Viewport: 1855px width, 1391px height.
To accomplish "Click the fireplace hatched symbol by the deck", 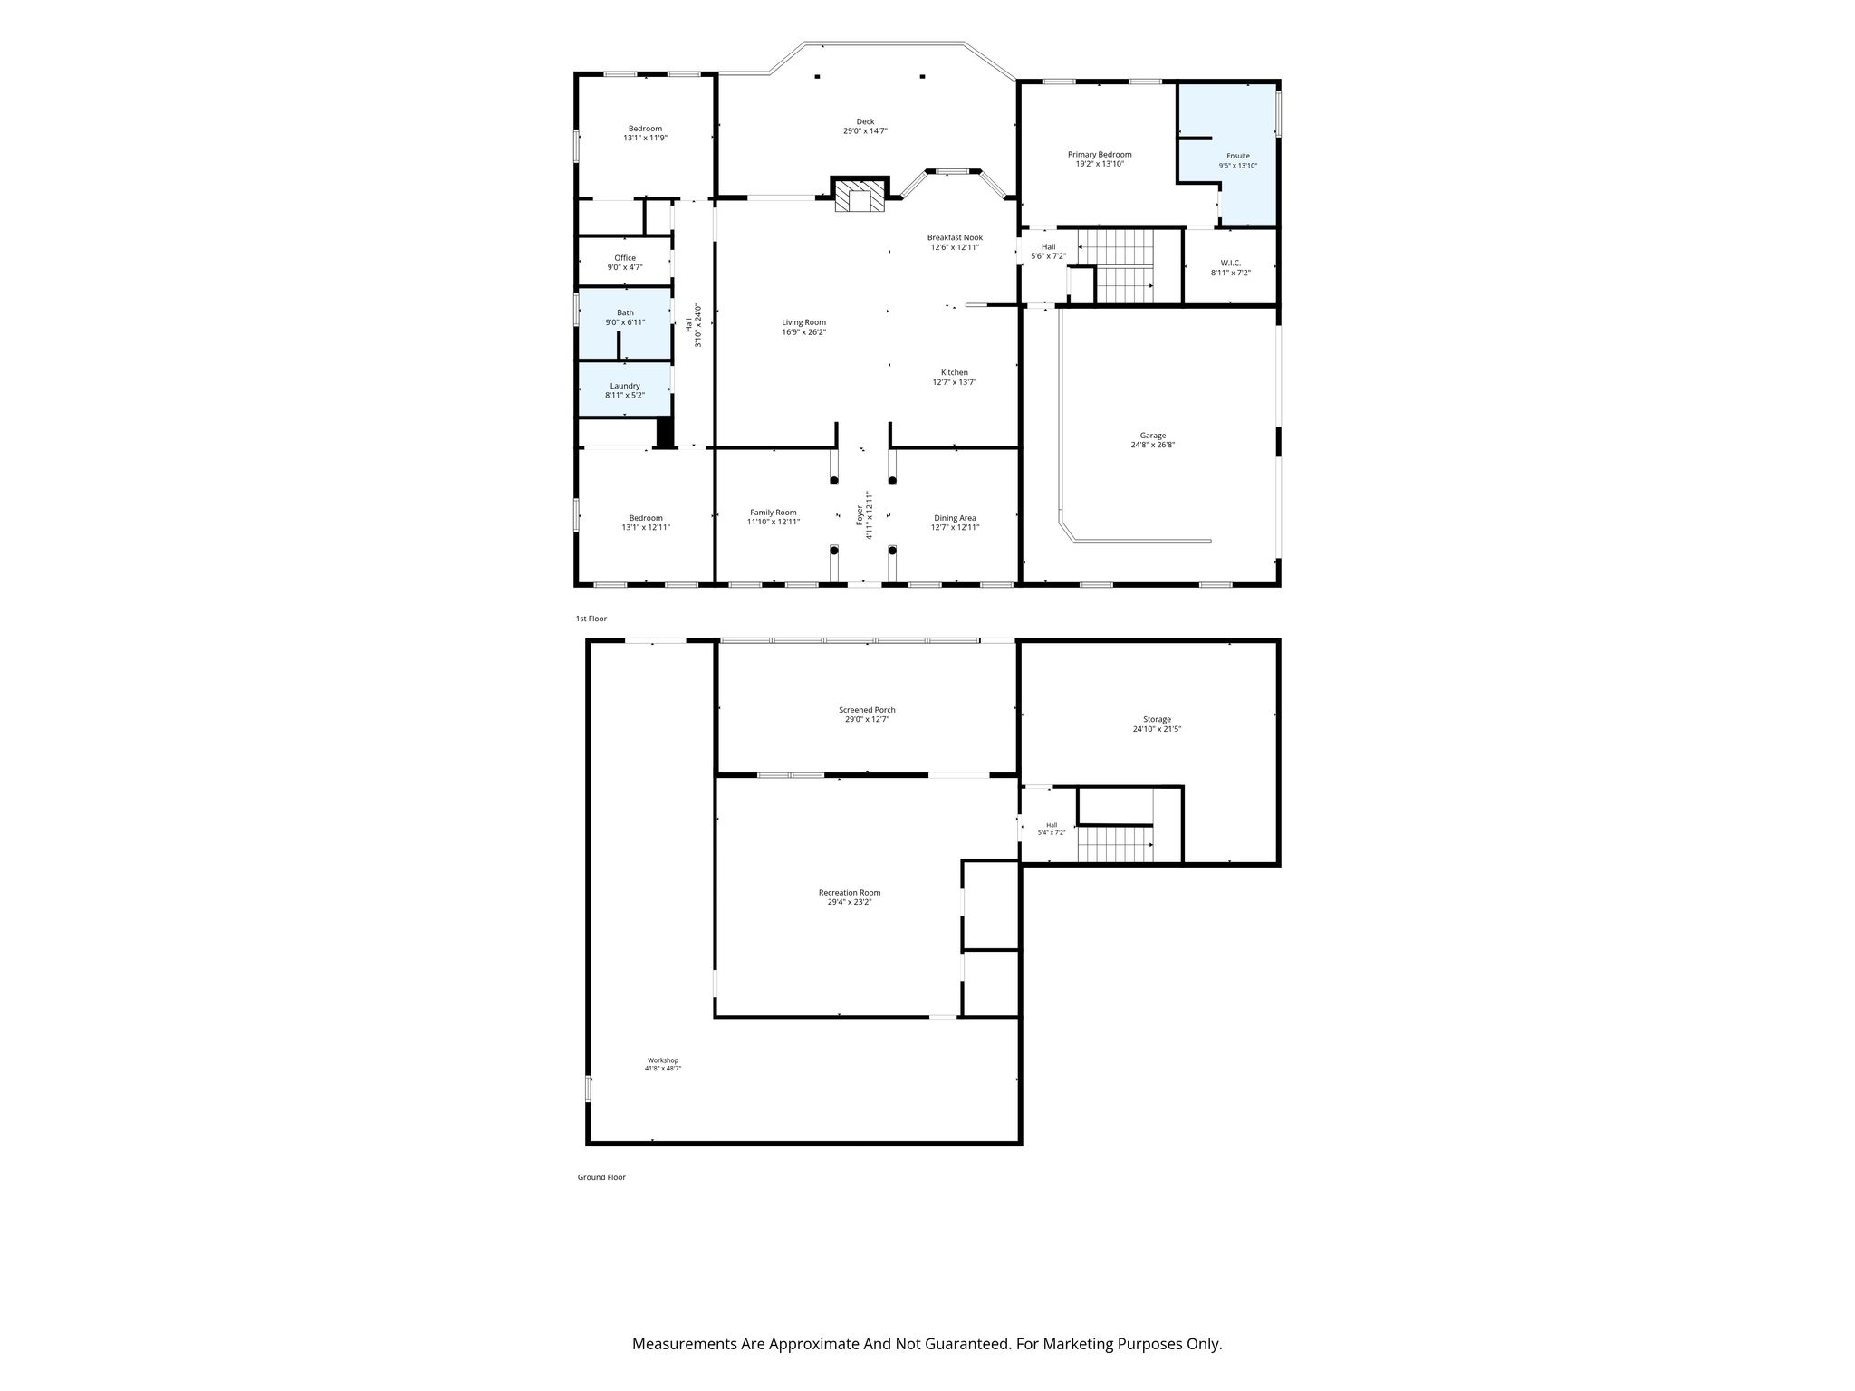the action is tap(859, 197).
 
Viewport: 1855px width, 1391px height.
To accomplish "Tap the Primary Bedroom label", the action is tap(1100, 155).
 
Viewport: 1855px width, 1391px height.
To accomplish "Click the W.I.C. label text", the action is tap(1231, 263).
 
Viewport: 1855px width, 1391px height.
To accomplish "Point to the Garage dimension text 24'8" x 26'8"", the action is tap(1153, 446).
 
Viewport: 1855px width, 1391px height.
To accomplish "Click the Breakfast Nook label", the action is tap(955, 237).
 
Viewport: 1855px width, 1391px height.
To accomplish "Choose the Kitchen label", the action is tap(955, 372).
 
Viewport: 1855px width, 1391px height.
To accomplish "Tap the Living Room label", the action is tap(804, 322).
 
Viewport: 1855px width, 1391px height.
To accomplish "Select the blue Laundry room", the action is tap(625, 389).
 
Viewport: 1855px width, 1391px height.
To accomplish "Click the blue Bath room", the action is tap(625, 324).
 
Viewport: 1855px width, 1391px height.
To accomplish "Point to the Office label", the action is tap(625, 258).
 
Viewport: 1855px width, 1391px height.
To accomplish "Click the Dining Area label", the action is tap(955, 518).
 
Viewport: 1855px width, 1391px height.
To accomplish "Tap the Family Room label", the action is tap(774, 513).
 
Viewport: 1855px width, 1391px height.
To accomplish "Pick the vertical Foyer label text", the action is tap(860, 515).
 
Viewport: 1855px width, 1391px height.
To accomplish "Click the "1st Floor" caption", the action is tap(591, 619).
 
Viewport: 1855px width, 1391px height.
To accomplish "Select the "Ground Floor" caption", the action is tap(601, 1177).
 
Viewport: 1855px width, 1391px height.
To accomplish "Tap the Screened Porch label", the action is tap(868, 710).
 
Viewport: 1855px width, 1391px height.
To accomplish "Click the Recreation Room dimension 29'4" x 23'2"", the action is tap(850, 902).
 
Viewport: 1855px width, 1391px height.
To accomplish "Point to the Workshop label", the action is tap(663, 1060).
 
